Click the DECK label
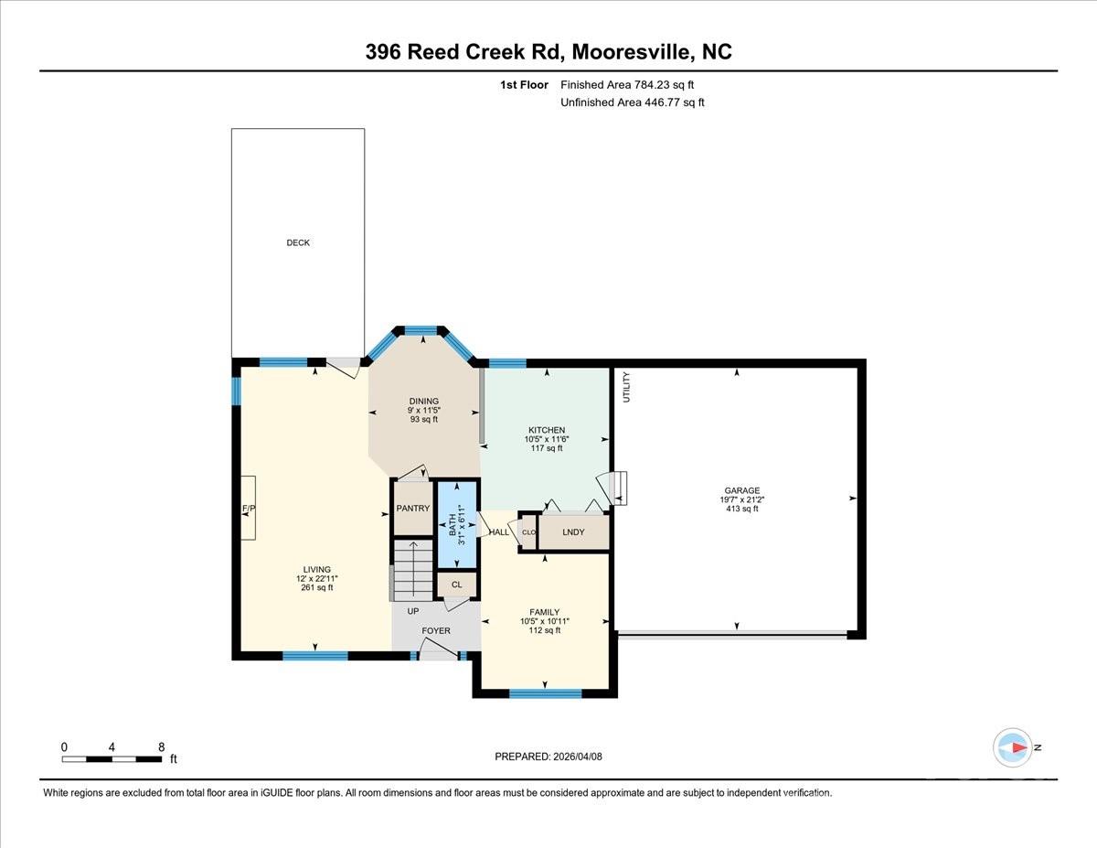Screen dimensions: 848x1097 pos(298,242)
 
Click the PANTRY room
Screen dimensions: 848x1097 pos(412,509)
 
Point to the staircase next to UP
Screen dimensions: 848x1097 pos(411,569)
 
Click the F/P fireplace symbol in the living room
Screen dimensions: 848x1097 pos(248,509)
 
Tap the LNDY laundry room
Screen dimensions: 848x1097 pos(573,531)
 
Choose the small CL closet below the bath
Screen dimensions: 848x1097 pos(457,585)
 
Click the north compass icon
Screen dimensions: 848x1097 pos(1013,747)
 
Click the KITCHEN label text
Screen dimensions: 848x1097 pos(547,430)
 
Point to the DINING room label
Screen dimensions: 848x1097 pos(424,401)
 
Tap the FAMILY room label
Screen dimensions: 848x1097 pos(545,612)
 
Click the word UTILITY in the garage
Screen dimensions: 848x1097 pos(627,387)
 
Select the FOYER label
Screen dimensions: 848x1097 pos(436,631)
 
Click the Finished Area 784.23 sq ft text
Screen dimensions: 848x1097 pos(633,85)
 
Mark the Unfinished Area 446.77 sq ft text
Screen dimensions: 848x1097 pos(632,102)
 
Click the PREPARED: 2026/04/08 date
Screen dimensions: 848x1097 pos(548,757)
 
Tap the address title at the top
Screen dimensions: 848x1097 pos(548,52)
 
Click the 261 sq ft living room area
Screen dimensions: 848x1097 pos(317,587)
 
